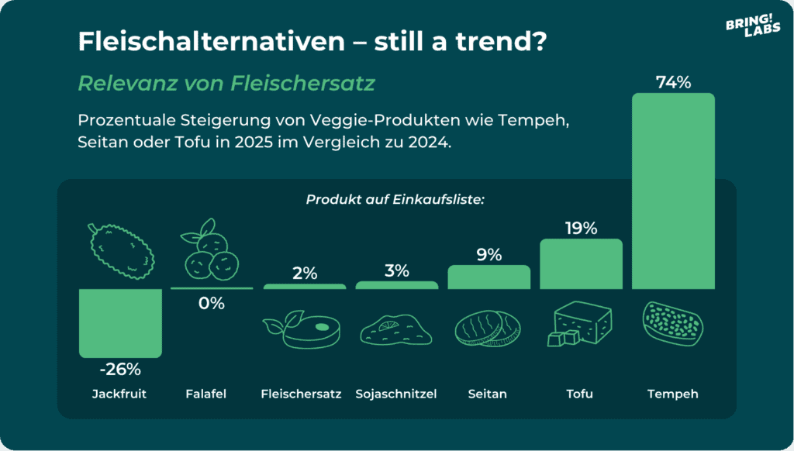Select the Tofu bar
click(x=581, y=263)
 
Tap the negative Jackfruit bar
click(x=120, y=322)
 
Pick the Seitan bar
click(x=488, y=277)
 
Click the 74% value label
click(x=673, y=82)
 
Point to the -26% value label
click(x=120, y=369)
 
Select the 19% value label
click(x=581, y=228)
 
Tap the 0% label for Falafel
click(x=211, y=304)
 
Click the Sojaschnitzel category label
click(x=396, y=394)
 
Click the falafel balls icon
click(x=209, y=253)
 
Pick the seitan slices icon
click(x=488, y=328)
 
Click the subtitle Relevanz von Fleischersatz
click(x=226, y=83)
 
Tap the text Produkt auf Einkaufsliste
click(x=395, y=199)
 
